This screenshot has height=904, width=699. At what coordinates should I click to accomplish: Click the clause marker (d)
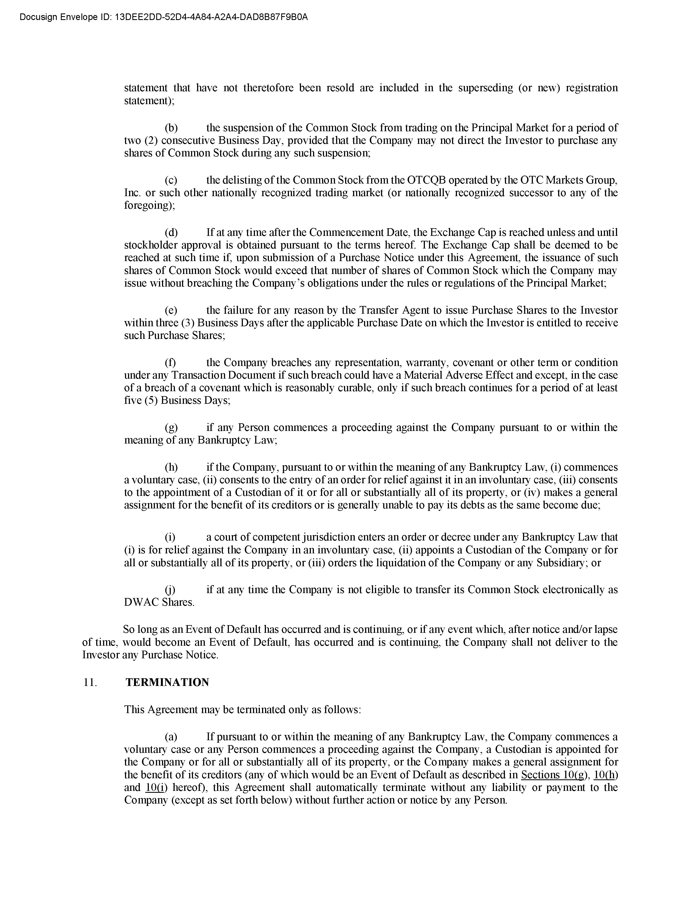pyautogui.click(x=171, y=232)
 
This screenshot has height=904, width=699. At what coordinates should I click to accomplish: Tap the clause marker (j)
pyautogui.click(x=170, y=590)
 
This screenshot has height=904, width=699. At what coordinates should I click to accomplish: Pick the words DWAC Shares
pyautogui.click(x=159, y=602)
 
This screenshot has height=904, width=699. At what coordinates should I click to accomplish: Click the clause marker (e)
pyautogui.click(x=171, y=310)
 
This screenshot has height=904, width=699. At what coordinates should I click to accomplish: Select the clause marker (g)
pyautogui.click(x=171, y=427)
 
